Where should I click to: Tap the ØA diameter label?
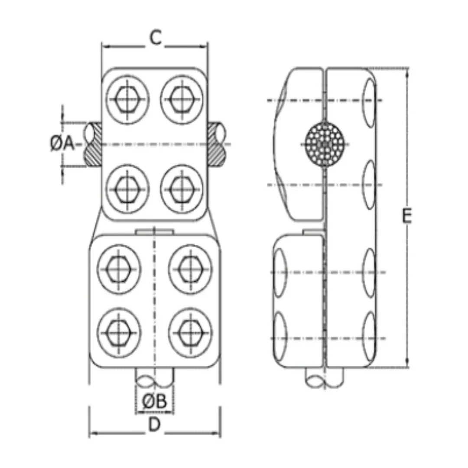tap(62, 143)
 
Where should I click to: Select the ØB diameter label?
tap(154, 401)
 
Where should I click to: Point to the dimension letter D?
tap(154, 424)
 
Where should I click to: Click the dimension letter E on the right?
tap(406, 215)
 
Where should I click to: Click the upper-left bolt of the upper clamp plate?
tap(127, 99)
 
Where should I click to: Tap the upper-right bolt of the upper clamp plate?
tap(182, 99)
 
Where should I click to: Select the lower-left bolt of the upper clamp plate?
tap(127, 189)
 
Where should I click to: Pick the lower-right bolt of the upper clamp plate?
tap(182, 189)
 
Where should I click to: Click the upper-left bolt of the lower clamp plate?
tap(119, 269)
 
